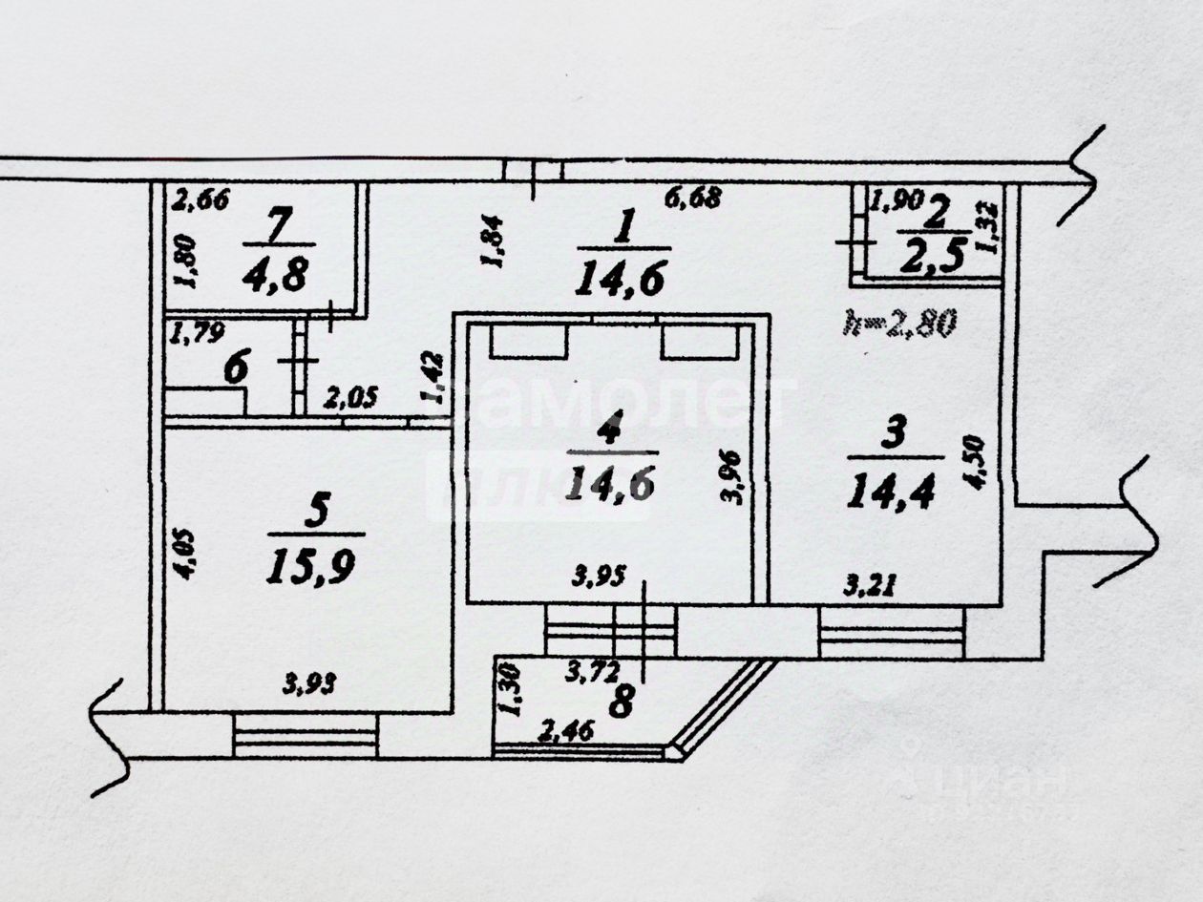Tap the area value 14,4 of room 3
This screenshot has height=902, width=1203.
click(892, 493)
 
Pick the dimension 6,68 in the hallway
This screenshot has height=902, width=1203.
click(693, 199)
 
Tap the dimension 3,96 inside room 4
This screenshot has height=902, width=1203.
click(736, 479)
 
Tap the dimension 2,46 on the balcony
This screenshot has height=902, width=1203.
click(567, 732)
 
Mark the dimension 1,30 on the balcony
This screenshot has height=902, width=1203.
click(511, 689)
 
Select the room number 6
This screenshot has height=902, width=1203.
click(238, 367)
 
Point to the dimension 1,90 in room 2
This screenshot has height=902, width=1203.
click(897, 199)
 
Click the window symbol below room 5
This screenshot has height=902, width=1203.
click(306, 736)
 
